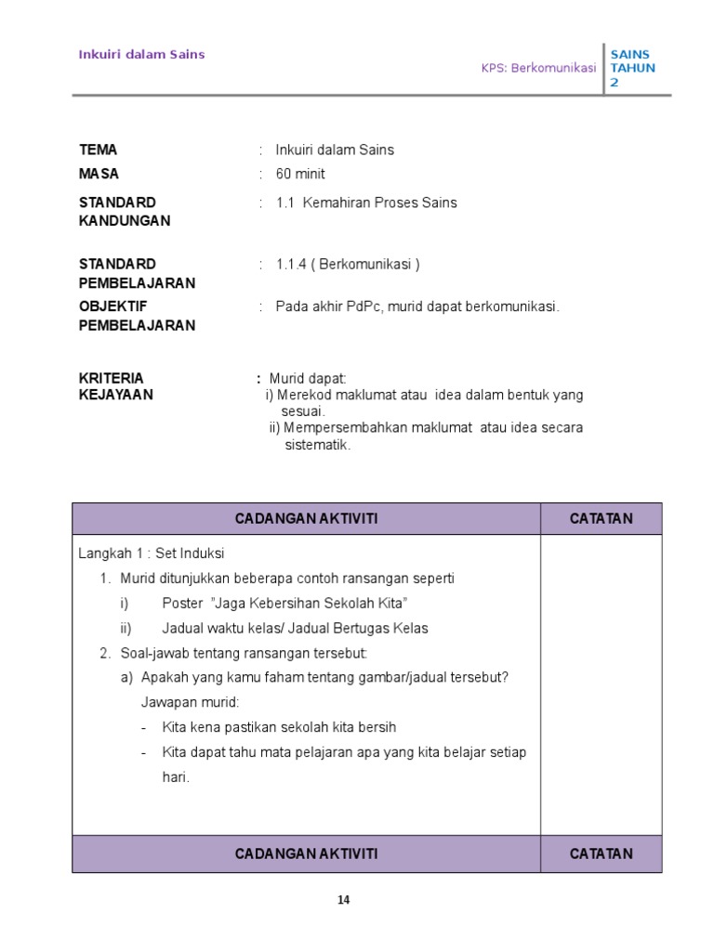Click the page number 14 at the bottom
point(344,899)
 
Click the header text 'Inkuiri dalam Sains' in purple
point(141,54)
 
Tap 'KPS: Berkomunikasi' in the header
point(538,69)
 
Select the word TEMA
point(99,150)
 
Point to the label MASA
point(99,174)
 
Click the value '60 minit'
point(300,174)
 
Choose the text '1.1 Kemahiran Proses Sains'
point(366,202)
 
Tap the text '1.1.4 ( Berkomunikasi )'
point(348,264)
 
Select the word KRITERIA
point(112,378)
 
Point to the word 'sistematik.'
point(318,445)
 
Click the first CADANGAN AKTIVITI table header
point(306,518)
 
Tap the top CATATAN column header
point(601,518)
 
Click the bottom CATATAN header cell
point(601,853)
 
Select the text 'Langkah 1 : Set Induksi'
point(152,554)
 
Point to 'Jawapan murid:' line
point(191,702)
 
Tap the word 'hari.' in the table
point(176,777)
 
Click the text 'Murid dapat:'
point(308,378)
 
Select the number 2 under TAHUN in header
point(614,83)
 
